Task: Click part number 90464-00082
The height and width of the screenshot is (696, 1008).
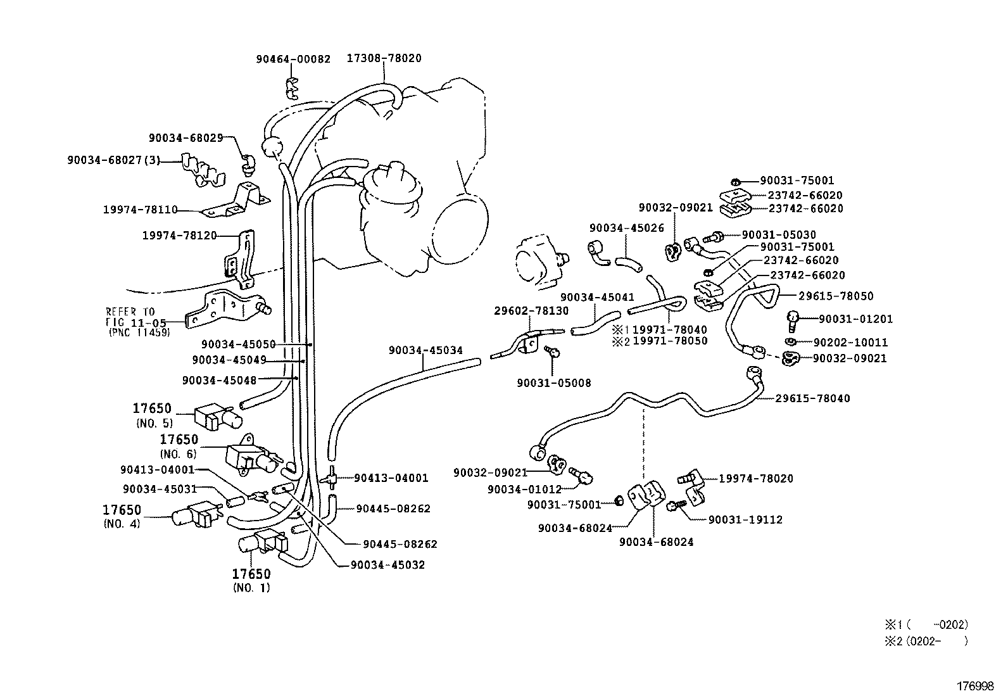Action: [293, 59]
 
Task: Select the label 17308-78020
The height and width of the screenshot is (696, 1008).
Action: [384, 58]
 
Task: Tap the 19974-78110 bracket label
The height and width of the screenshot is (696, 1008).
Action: [140, 210]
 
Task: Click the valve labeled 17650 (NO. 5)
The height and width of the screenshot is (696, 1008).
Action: [215, 416]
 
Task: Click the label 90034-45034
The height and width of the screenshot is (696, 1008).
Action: [425, 350]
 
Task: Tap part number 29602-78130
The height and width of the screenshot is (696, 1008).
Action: [531, 311]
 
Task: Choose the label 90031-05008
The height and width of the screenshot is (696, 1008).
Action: [553, 383]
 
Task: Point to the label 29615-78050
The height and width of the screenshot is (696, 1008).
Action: [835, 296]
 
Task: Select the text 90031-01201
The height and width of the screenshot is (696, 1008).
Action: [855, 319]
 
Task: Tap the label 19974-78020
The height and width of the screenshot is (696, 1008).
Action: [755, 479]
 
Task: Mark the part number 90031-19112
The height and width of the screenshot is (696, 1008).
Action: [745, 520]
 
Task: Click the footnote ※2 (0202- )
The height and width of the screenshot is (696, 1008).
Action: [927, 641]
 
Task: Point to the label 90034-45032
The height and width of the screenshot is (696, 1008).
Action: [387, 565]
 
